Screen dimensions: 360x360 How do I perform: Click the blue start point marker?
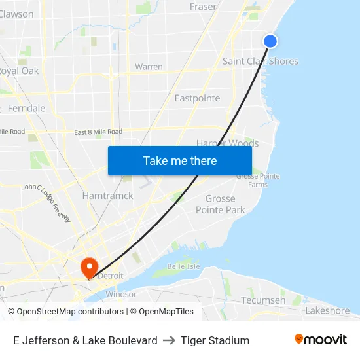tap(270, 41)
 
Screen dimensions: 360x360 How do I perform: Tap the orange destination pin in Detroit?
tap(88, 267)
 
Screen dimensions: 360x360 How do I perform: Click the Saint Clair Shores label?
tap(260, 62)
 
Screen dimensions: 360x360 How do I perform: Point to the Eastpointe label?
tap(197, 98)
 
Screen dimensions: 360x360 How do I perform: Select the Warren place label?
tap(149, 67)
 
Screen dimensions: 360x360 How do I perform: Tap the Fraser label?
tap(202, 7)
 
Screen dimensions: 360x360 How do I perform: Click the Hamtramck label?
tap(107, 196)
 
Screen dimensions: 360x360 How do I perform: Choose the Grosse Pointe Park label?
tap(221, 204)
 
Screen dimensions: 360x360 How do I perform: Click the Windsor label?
tap(121, 295)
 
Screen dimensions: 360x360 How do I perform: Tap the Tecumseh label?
tap(263, 300)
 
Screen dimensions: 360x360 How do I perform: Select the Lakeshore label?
tap(327, 310)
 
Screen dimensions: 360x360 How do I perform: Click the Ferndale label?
tap(27, 108)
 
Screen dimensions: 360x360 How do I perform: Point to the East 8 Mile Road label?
tap(98, 132)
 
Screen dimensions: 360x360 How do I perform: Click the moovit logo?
tap(320, 340)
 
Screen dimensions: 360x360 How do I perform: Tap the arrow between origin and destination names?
tap(169, 340)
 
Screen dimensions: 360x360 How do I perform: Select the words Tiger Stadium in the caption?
tap(215, 340)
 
